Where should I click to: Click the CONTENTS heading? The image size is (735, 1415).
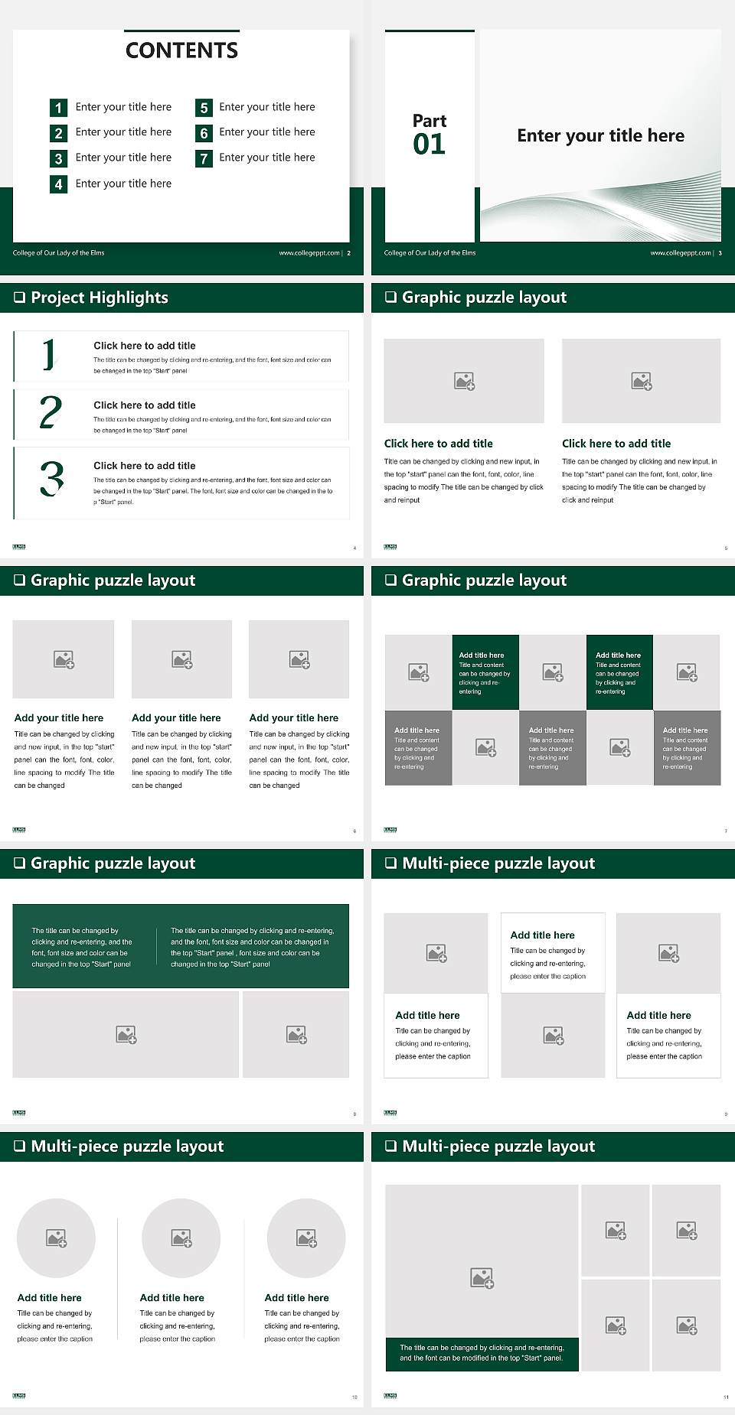coord(181,50)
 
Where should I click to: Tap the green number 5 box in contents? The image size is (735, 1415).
coord(204,108)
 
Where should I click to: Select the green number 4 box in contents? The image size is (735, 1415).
coord(58,184)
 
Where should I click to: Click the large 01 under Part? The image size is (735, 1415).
coord(429,145)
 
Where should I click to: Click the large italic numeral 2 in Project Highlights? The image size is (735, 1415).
coord(51,412)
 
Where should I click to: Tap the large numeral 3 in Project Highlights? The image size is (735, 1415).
coord(51,480)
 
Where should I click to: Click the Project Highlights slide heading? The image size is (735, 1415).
coord(100,298)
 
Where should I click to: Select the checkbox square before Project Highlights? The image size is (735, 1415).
coord(19,298)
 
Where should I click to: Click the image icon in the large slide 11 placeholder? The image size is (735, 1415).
coord(482,1277)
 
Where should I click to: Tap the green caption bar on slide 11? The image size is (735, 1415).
coord(482,1353)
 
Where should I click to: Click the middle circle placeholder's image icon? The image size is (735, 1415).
coord(181,1238)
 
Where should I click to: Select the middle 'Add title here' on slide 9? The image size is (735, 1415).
coord(542,935)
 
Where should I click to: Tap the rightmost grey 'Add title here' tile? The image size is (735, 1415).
coord(687,747)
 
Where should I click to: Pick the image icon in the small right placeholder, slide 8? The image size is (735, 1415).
coord(296,1035)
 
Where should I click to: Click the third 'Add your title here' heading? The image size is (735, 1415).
coord(293,718)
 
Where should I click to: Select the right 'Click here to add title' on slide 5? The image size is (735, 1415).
coord(616,444)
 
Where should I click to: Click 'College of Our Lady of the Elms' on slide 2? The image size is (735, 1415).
coord(59,253)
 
